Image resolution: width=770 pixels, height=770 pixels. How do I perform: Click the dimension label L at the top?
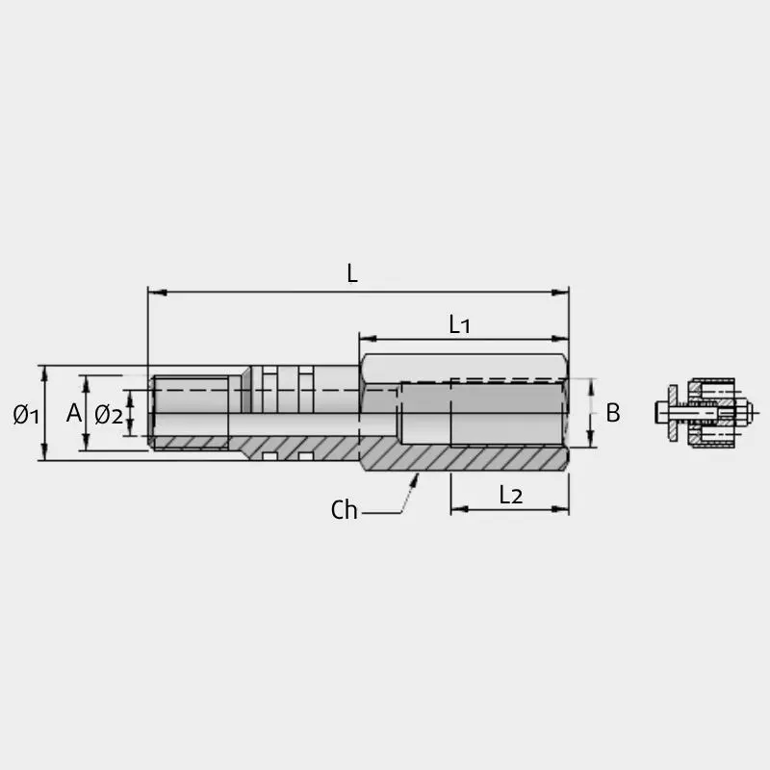click(352, 273)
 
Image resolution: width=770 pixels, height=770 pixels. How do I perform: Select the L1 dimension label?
click(460, 324)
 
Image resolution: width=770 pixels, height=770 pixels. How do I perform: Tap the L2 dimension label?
click(511, 495)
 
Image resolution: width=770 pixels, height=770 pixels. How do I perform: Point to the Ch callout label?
click(344, 510)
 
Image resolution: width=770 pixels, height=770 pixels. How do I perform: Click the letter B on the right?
click(613, 413)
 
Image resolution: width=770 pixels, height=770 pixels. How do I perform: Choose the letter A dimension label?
click(74, 413)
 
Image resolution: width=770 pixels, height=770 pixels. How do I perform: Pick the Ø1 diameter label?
click(26, 415)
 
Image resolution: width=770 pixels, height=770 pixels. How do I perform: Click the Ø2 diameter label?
click(109, 415)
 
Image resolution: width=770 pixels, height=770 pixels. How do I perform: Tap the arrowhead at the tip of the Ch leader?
click(415, 479)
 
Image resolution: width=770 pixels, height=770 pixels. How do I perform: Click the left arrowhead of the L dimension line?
click(157, 293)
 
